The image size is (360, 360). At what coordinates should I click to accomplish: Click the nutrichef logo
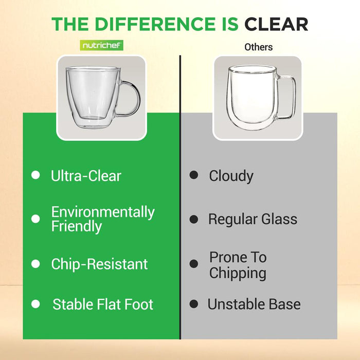[102, 46]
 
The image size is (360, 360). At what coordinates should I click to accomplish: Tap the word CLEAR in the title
[276, 24]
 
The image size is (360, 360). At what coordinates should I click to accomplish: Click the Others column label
[258, 47]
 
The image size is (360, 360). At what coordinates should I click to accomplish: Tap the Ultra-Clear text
[86, 176]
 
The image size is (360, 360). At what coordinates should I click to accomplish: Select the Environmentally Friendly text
[102, 219]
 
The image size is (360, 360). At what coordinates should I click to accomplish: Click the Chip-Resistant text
[99, 264]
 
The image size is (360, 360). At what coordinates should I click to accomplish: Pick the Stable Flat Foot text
[103, 304]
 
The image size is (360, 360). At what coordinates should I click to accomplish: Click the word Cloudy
[231, 176]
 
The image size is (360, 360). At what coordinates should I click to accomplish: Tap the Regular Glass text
[253, 219]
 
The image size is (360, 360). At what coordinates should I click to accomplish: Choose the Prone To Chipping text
[238, 265]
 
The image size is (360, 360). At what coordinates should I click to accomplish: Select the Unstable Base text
[254, 304]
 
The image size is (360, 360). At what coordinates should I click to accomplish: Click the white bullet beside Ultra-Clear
[35, 175]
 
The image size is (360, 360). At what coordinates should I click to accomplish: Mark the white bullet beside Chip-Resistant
[35, 264]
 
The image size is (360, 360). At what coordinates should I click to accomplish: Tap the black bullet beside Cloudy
[193, 175]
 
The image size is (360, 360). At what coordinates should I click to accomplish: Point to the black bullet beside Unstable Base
[193, 304]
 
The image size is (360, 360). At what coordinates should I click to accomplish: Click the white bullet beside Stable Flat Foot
[35, 304]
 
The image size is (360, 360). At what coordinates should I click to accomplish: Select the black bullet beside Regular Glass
[193, 219]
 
